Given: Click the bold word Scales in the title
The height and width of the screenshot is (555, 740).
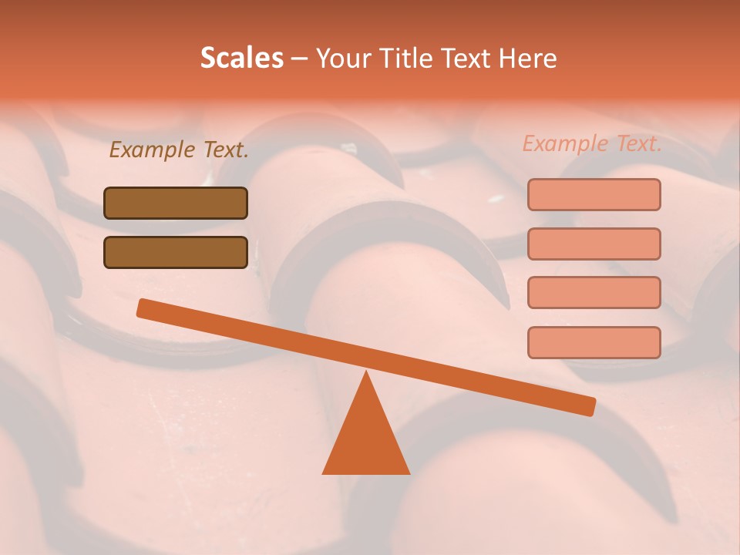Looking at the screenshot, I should point(241,59).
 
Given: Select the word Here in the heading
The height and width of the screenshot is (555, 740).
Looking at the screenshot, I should point(528,59).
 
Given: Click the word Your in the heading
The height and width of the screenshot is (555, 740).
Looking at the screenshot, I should point(345,59).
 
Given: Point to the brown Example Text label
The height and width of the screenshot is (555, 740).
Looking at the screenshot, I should point(179,150).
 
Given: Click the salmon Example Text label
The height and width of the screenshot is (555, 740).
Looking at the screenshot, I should point(592,144).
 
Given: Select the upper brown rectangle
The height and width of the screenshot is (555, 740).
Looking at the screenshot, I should point(176,203).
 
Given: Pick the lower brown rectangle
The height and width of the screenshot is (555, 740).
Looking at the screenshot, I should point(176,252).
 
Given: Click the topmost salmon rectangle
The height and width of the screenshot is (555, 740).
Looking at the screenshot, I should point(594,194).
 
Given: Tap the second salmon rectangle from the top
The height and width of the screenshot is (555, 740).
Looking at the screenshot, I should point(594,244).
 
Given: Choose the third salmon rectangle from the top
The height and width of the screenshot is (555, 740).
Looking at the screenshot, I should point(594,292).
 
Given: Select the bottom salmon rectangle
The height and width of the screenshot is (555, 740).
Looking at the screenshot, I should point(594,342).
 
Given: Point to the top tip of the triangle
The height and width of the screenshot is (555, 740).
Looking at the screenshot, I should point(366,375).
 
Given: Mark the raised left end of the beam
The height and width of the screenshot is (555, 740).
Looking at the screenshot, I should point(143,308).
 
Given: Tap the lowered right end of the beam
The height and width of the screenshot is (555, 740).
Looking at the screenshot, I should point(589,406).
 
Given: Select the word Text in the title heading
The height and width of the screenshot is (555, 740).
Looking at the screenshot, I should point(469,59).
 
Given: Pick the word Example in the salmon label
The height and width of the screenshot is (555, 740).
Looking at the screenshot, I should point(565,144).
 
